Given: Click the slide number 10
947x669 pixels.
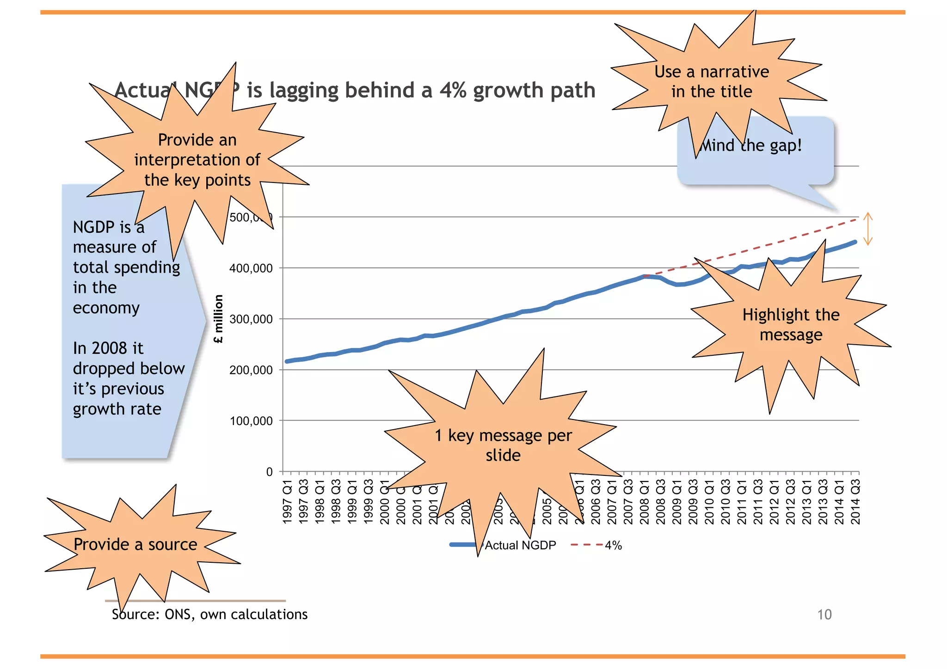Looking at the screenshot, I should point(824,614).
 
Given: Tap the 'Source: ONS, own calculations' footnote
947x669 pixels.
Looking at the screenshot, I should point(209,614).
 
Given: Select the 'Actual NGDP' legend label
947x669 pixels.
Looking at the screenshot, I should point(520,546).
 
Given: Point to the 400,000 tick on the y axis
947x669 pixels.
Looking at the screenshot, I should point(251,268).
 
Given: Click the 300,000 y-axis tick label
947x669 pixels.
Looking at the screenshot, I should point(251,319).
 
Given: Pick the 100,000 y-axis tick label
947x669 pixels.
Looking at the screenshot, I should point(251,421).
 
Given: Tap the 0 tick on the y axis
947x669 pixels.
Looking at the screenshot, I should point(269,472).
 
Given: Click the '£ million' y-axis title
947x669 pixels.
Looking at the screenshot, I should point(218,319).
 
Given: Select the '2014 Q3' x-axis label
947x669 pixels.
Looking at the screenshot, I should point(855,502).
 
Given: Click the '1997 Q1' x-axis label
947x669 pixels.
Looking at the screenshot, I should point(288,502).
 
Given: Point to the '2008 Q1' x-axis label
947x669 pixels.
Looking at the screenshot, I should point(645,502).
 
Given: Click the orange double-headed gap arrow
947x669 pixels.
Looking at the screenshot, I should point(868,229).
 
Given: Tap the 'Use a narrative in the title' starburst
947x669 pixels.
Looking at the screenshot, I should point(712,82).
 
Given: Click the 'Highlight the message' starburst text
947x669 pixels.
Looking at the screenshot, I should point(791,324).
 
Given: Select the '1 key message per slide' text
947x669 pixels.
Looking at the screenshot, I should point(503,445).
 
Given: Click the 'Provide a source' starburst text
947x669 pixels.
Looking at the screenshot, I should point(135,544).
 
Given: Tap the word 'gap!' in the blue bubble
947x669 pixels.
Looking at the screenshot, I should point(786,146).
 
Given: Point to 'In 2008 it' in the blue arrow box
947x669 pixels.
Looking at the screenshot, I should point(108,348).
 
